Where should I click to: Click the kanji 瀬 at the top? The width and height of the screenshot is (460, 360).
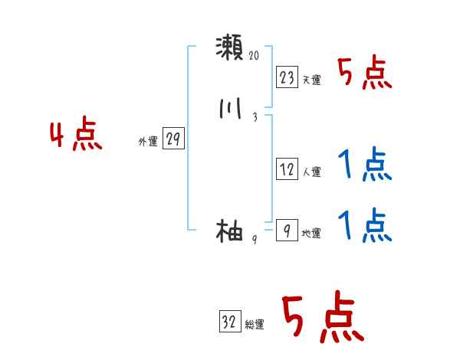click(229, 48)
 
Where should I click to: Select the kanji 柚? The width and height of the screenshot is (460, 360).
click(229, 231)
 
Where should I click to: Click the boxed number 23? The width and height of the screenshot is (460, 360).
click(287, 77)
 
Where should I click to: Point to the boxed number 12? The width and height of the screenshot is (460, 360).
click(287, 170)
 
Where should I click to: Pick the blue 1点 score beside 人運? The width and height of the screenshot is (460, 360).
click(365, 165)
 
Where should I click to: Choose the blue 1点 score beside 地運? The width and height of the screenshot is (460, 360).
click(365, 225)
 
